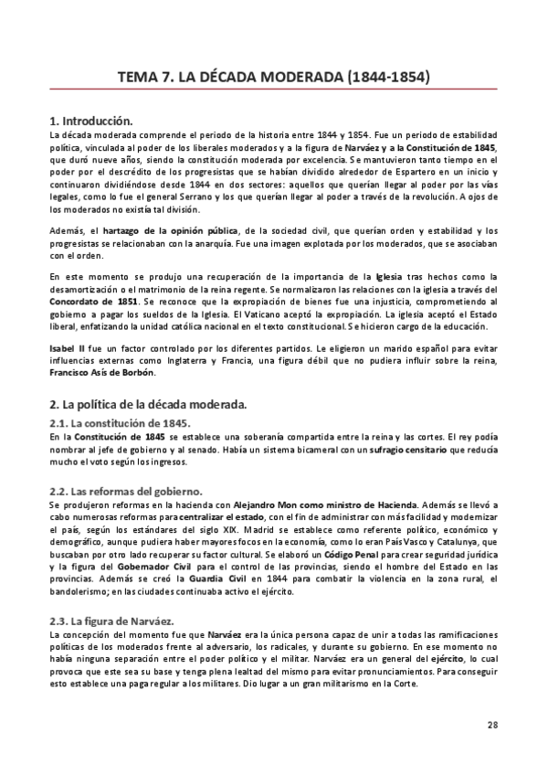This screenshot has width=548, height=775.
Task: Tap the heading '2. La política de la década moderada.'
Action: click(x=146, y=404)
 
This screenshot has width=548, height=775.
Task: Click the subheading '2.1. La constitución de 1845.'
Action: click(x=119, y=423)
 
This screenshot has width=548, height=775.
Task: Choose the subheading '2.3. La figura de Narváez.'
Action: click(x=110, y=595)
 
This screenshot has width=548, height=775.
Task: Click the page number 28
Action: click(x=492, y=726)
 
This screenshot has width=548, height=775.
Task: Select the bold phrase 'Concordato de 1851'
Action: click(x=93, y=301)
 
